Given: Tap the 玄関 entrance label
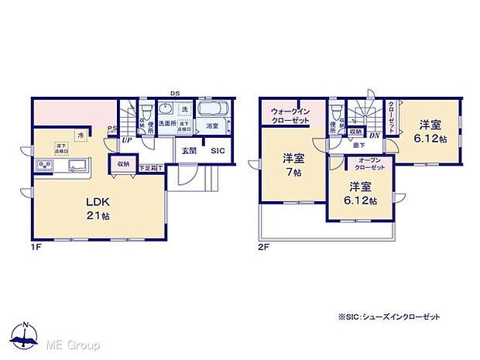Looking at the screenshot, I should (189, 151).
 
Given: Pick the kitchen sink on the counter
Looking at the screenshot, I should (77, 165).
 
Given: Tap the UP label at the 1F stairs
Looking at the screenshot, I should (125, 140).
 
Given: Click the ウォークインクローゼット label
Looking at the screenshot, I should (290, 115).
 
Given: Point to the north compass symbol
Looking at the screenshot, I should (26, 334).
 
